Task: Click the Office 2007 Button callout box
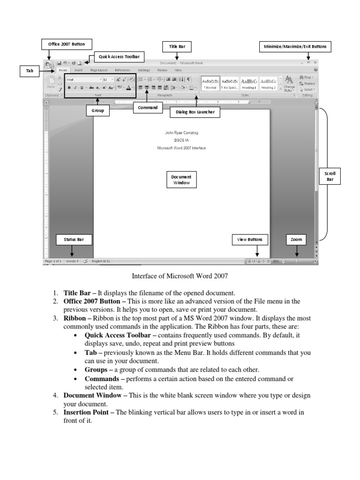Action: (x=66, y=44)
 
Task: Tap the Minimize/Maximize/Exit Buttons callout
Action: (x=295, y=46)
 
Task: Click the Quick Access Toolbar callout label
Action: (x=119, y=57)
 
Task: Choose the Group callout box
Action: (x=97, y=111)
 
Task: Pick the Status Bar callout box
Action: (x=74, y=240)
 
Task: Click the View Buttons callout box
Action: (x=250, y=240)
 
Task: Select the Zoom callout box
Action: (x=296, y=240)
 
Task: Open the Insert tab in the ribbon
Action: (x=78, y=69)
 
